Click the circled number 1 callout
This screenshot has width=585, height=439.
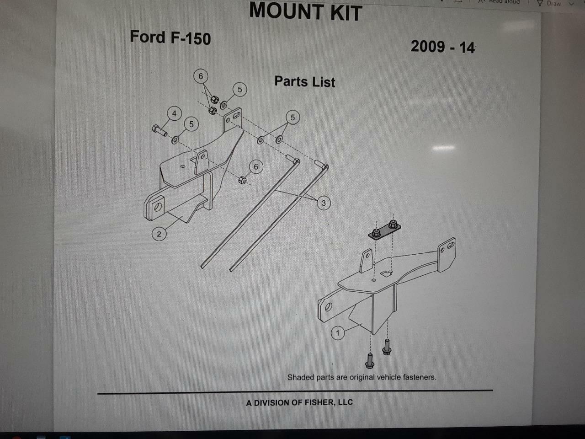[x=338, y=333]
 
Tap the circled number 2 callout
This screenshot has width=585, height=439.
[x=159, y=234]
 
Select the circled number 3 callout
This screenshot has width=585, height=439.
[x=324, y=203]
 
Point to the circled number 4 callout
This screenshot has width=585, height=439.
[x=174, y=113]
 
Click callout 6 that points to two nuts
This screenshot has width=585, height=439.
[x=200, y=76]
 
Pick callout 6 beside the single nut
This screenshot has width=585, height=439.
[x=256, y=167]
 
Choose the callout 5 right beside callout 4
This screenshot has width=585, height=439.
[x=191, y=124]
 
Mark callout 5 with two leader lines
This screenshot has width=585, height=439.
[x=292, y=118]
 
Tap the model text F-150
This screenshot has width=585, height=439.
[x=191, y=38]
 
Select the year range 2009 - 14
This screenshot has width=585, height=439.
[x=442, y=47]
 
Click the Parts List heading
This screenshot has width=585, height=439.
[x=305, y=82]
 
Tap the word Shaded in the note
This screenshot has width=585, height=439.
[x=301, y=377]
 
